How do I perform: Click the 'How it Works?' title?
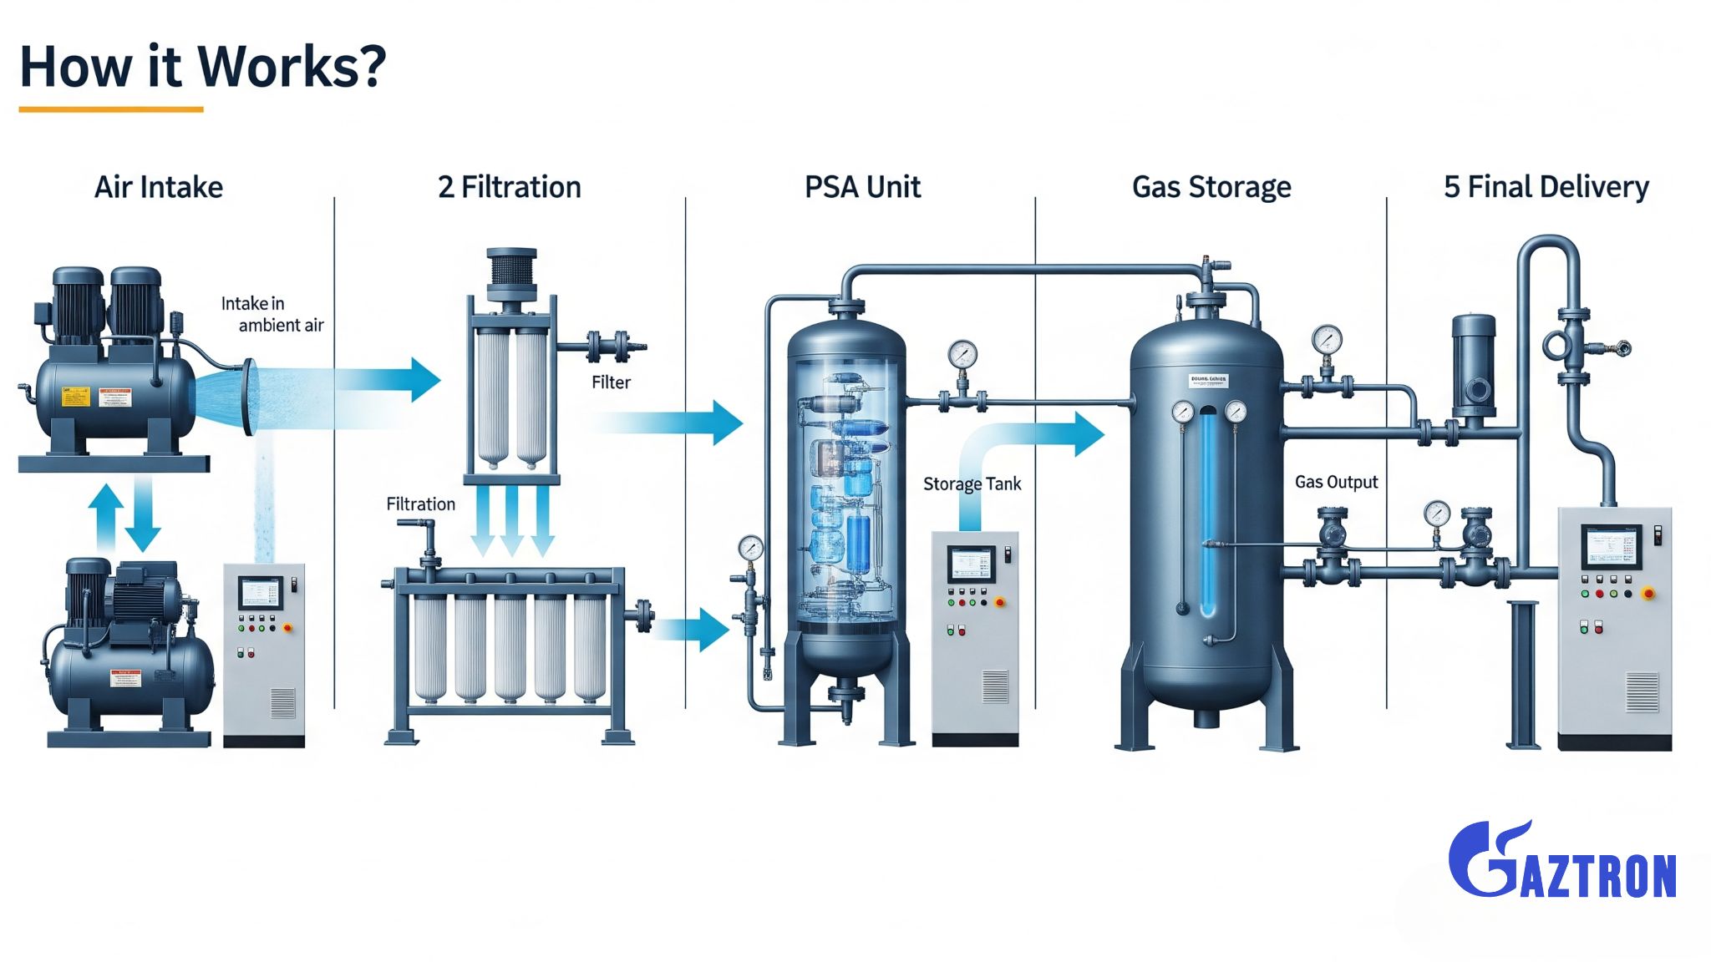click(202, 66)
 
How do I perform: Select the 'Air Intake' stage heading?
click(159, 187)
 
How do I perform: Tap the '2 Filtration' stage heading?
click(509, 187)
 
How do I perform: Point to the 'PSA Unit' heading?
click(862, 187)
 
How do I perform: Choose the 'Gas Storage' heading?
click(1211, 187)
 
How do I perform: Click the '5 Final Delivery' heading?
click(1546, 187)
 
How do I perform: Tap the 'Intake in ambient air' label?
click(271, 314)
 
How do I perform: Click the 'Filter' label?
click(611, 382)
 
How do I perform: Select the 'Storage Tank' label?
click(972, 484)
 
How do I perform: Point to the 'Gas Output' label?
click(1336, 482)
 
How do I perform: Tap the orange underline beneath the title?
click(111, 109)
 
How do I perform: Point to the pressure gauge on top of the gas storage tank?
click(1326, 339)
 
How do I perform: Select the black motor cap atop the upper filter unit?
click(511, 267)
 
